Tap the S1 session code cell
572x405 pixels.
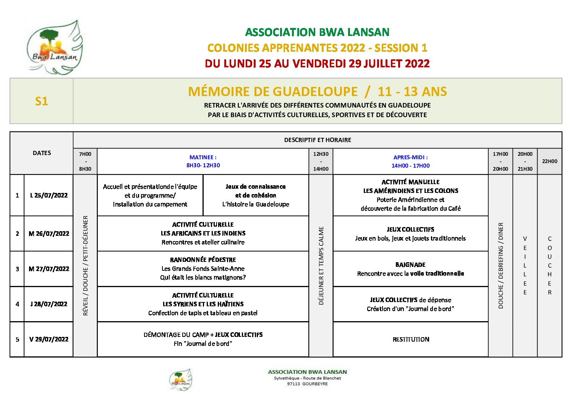(41, 101)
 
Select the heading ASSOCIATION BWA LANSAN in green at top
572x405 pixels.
(317, 32)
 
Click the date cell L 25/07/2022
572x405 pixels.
(49, 195)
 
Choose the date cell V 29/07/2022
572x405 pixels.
(49, 339)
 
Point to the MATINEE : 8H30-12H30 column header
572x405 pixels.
(203, 161)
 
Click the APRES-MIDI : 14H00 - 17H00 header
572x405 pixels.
(410, 161)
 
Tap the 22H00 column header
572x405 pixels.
(549, 161)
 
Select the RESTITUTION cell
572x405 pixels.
(411, 339)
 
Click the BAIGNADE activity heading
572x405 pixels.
(410, 265)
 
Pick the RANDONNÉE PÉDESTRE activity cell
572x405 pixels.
(203, 268)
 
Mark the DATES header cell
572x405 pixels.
(42, 153)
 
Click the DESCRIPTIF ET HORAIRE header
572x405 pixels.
(318, 140)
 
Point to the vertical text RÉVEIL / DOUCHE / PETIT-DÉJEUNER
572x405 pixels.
(85, 266)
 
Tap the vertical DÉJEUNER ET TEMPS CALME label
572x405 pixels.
(321, 266)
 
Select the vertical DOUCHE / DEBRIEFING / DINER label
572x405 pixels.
(501, 266)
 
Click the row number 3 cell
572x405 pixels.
(17, 269)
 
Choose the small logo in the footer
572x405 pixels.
(181, 380)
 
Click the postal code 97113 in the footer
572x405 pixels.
(293, 384)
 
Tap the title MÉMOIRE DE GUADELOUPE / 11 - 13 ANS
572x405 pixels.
(317, 91)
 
